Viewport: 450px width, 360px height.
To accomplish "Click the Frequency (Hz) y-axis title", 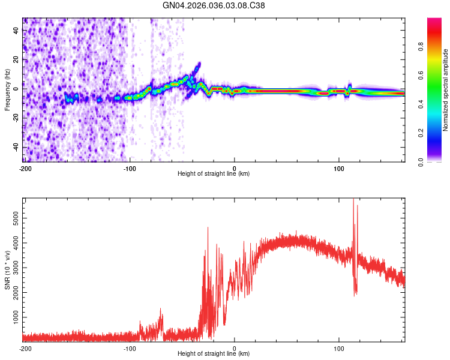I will pyautogui.click(x=7, y=89).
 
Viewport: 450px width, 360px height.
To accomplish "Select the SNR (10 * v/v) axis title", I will pyautogui.click(x=7, y=270).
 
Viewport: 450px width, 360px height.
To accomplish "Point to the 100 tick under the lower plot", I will pyautogui.click(x=339, y=348).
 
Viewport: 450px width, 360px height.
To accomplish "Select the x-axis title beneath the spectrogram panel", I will pyautogui.click(x=214, y=174).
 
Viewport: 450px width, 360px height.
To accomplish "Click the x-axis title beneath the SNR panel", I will pyautogui.click(x=214, y=353).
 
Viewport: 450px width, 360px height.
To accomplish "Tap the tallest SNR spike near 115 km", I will pyautogui.click(x=353, y=199).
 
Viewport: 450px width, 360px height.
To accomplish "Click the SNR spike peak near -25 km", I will pyautogui.click(x=208, y=227).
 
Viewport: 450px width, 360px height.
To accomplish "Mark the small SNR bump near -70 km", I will pyautogui.click(x=161, y=309).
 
